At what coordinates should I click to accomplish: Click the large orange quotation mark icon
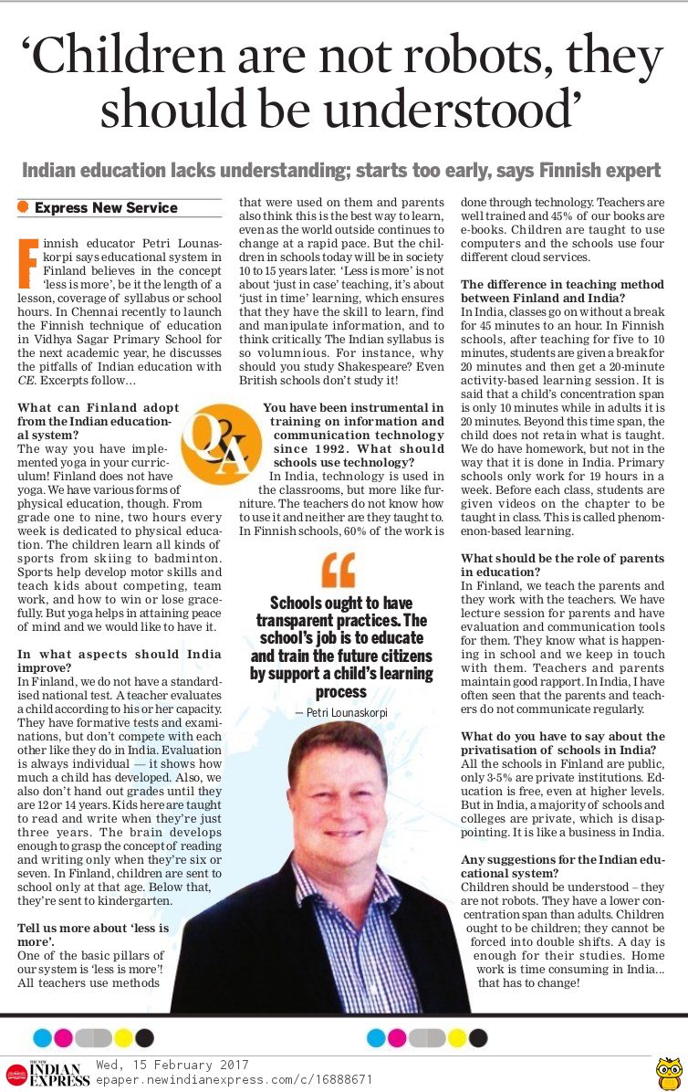click(x=339, y=570)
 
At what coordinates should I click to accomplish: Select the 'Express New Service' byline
click(x=106, y=208)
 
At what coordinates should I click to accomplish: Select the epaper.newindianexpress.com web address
click(x=235, y=1078)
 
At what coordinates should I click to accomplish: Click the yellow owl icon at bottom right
click(x=670, y=1073)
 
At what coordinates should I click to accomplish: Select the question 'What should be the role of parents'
click(x=562, y=565)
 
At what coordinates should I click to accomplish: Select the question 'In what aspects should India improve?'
click(x=120, y=660)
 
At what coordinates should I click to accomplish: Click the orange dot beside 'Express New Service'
click(x=24, y=208)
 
